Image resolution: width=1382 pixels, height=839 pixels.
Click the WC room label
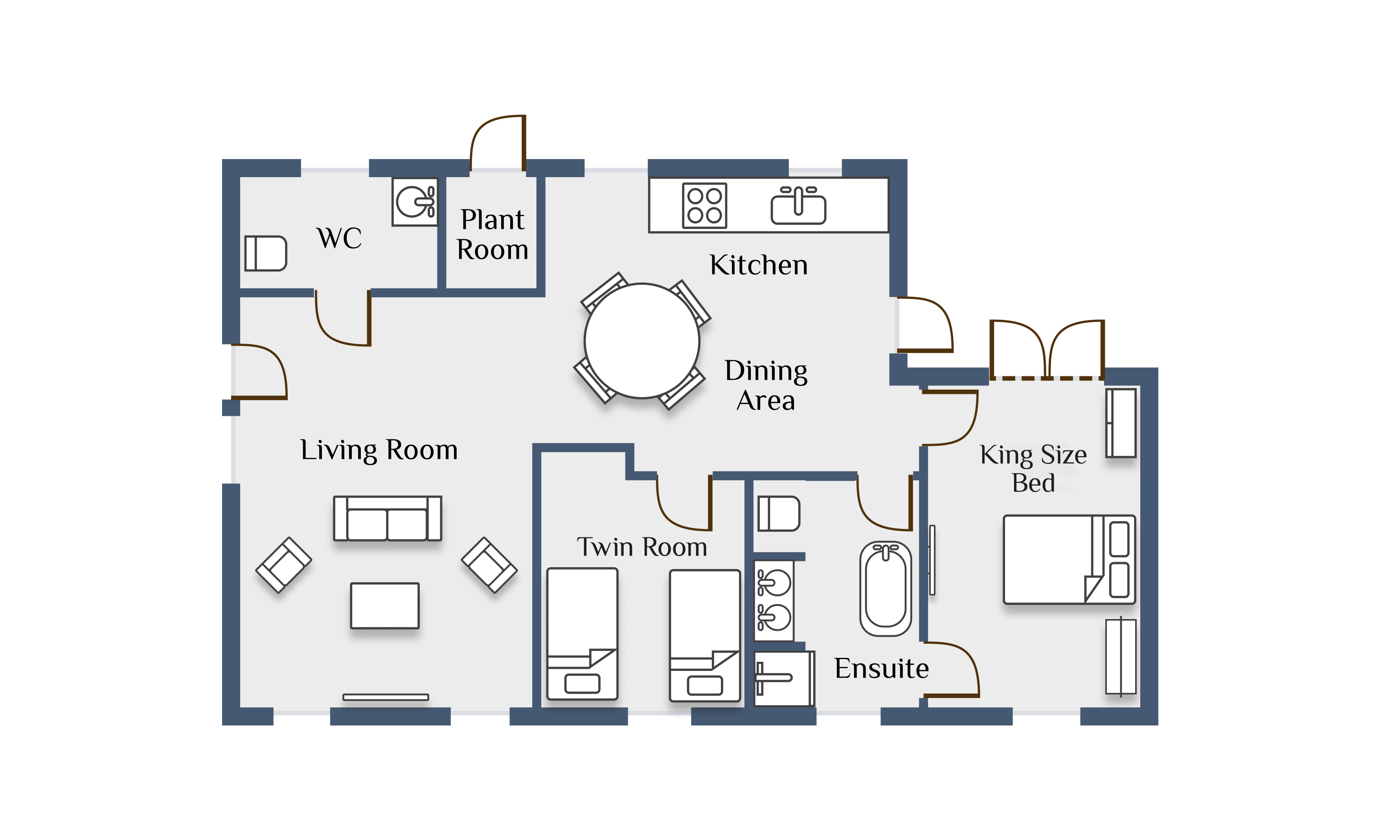point(339,238)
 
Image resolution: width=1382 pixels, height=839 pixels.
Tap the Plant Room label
point(493,234)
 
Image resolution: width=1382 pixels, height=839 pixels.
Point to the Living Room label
point(379,450)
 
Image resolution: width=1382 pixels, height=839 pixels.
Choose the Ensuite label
point(881,668)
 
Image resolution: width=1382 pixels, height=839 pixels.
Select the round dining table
point(642,341)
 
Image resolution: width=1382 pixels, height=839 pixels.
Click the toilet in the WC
point(266,253)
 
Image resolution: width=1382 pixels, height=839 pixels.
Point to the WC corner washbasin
point(415,202)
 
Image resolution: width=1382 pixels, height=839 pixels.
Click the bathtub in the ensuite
point(886,588)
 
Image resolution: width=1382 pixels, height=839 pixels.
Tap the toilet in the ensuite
point(779,513)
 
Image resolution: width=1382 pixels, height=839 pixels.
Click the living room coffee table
point(385,605)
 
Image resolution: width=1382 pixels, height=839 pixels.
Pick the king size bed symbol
point(1070,559)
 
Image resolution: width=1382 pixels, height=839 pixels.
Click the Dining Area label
point(766,386)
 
